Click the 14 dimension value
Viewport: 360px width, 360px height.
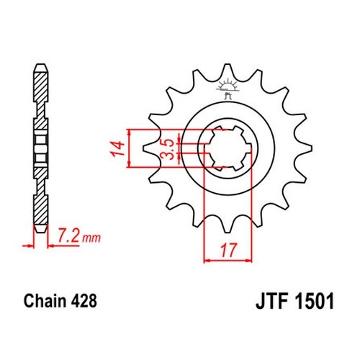[118, 149]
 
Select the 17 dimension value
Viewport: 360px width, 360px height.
[228, 251]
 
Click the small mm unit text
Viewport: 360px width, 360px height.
[91, 238]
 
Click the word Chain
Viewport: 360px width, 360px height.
[45, 301]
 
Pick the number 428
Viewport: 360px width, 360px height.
[84, 301]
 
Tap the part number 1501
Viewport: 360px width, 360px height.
[315, 301]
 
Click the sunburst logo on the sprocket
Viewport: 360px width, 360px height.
[227, 89]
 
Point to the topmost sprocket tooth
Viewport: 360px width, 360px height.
[228, 70]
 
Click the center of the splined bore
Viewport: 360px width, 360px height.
[228, 148]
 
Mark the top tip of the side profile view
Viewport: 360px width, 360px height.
[40, 64]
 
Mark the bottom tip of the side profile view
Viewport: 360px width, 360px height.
[40, 232]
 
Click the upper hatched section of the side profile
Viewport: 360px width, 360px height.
[41, 87]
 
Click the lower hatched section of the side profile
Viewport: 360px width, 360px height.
[41, 210]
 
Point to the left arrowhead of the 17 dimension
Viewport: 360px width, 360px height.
[207, 260]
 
